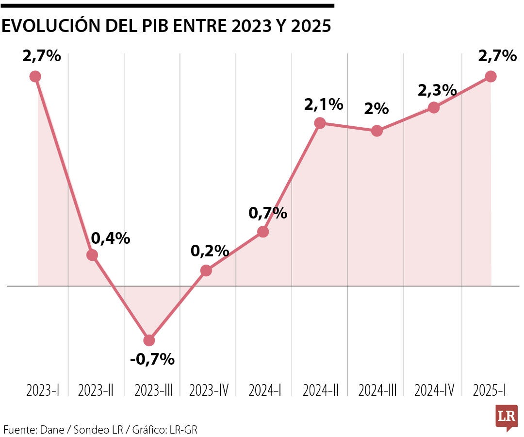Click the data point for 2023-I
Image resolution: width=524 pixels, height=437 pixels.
point(35,76)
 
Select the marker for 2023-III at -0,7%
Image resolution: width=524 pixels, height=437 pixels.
point(149,340)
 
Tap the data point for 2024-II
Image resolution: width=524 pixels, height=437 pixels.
point(320,123)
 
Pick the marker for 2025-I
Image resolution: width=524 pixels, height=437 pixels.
point(491,76)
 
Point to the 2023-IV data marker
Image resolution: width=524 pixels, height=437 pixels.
point(206,270)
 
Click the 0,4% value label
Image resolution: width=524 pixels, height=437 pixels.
point(111,238)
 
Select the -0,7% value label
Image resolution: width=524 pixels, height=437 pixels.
point(152,359)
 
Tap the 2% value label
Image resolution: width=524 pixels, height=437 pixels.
point(377,109)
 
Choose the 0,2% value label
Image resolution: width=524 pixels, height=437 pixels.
point(210,251)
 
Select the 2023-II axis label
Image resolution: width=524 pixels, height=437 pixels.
point(96,390)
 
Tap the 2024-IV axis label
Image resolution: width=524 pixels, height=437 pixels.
point(434,390)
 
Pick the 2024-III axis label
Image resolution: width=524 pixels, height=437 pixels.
point(377,390)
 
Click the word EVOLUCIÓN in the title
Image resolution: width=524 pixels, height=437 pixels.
point(52,27)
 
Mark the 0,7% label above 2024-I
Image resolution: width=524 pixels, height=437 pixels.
point(268,213)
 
